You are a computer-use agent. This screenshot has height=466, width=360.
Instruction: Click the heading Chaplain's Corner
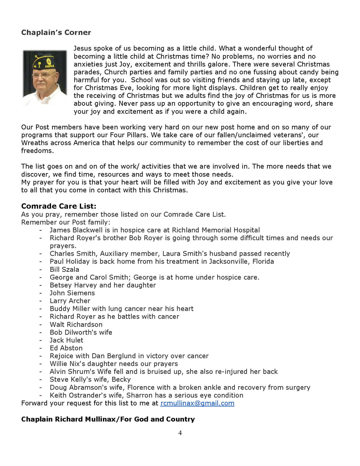pyautogui.click(x=56, y=32)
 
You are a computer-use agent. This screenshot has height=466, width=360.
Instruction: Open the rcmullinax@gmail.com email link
pyautogui.click(x=197, y=403)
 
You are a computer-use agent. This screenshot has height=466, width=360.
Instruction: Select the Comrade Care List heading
pyautogui.click(x=59, y=206)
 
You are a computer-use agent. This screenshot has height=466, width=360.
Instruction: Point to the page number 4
pyautogui.click(x=180, y=433)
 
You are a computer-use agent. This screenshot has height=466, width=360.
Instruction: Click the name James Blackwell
pyautogui.click(x=76, y=230)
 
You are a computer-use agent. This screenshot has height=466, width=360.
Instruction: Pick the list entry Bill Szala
pyautogui.click(x=64, y=270)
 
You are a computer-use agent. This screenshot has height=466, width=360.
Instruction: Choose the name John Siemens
pyautogui.click(x=72, y=293)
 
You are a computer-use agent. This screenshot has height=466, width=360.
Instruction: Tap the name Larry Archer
pyautogui.click(x=70, y=301)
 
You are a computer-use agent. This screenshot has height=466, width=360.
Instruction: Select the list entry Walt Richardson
pyautogui.click(x=76, y=325)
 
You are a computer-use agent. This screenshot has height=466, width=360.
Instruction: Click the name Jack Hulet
pyautogui.click(x=66, y=340)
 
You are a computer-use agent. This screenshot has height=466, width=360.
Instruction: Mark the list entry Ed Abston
pyautogui.click(x=66, y=348)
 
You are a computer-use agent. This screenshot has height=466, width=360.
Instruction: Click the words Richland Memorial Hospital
pyautogui.click(x=216, y=230)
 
